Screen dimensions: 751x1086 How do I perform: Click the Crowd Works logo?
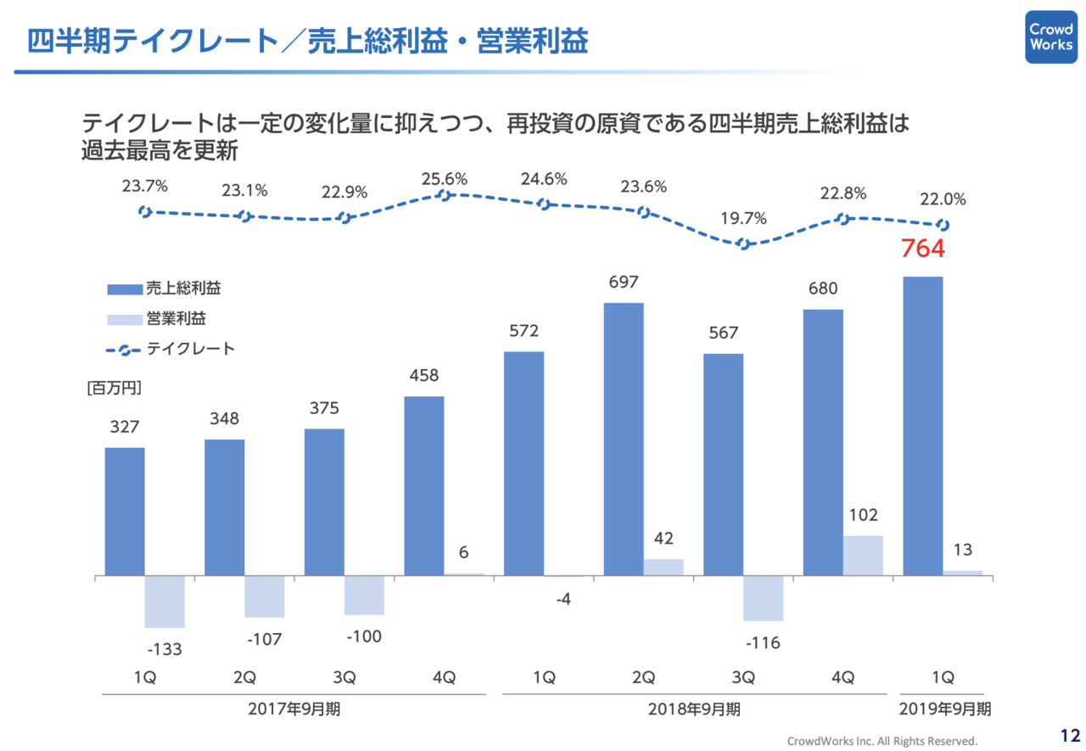(1050, 36)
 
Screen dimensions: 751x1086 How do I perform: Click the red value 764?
(922, 249)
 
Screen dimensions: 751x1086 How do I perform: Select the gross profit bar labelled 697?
(624, 440)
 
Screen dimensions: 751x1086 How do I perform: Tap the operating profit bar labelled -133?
(165, 602)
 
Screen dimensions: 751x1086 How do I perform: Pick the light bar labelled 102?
(863, 556)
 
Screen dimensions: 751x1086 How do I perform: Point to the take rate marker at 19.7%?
(744, 244)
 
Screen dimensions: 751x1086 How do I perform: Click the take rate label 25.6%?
(445, 179)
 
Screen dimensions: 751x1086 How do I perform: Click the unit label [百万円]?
(114, 389)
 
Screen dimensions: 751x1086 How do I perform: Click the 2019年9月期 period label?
(943, 709)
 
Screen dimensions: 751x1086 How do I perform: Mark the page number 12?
(1069, 735)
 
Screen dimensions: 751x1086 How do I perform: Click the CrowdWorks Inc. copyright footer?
(882, 740)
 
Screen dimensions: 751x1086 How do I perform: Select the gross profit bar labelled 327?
(125, 512)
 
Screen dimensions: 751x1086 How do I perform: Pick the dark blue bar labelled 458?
(424, 486)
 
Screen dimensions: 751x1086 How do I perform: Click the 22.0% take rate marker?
(942, 225)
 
